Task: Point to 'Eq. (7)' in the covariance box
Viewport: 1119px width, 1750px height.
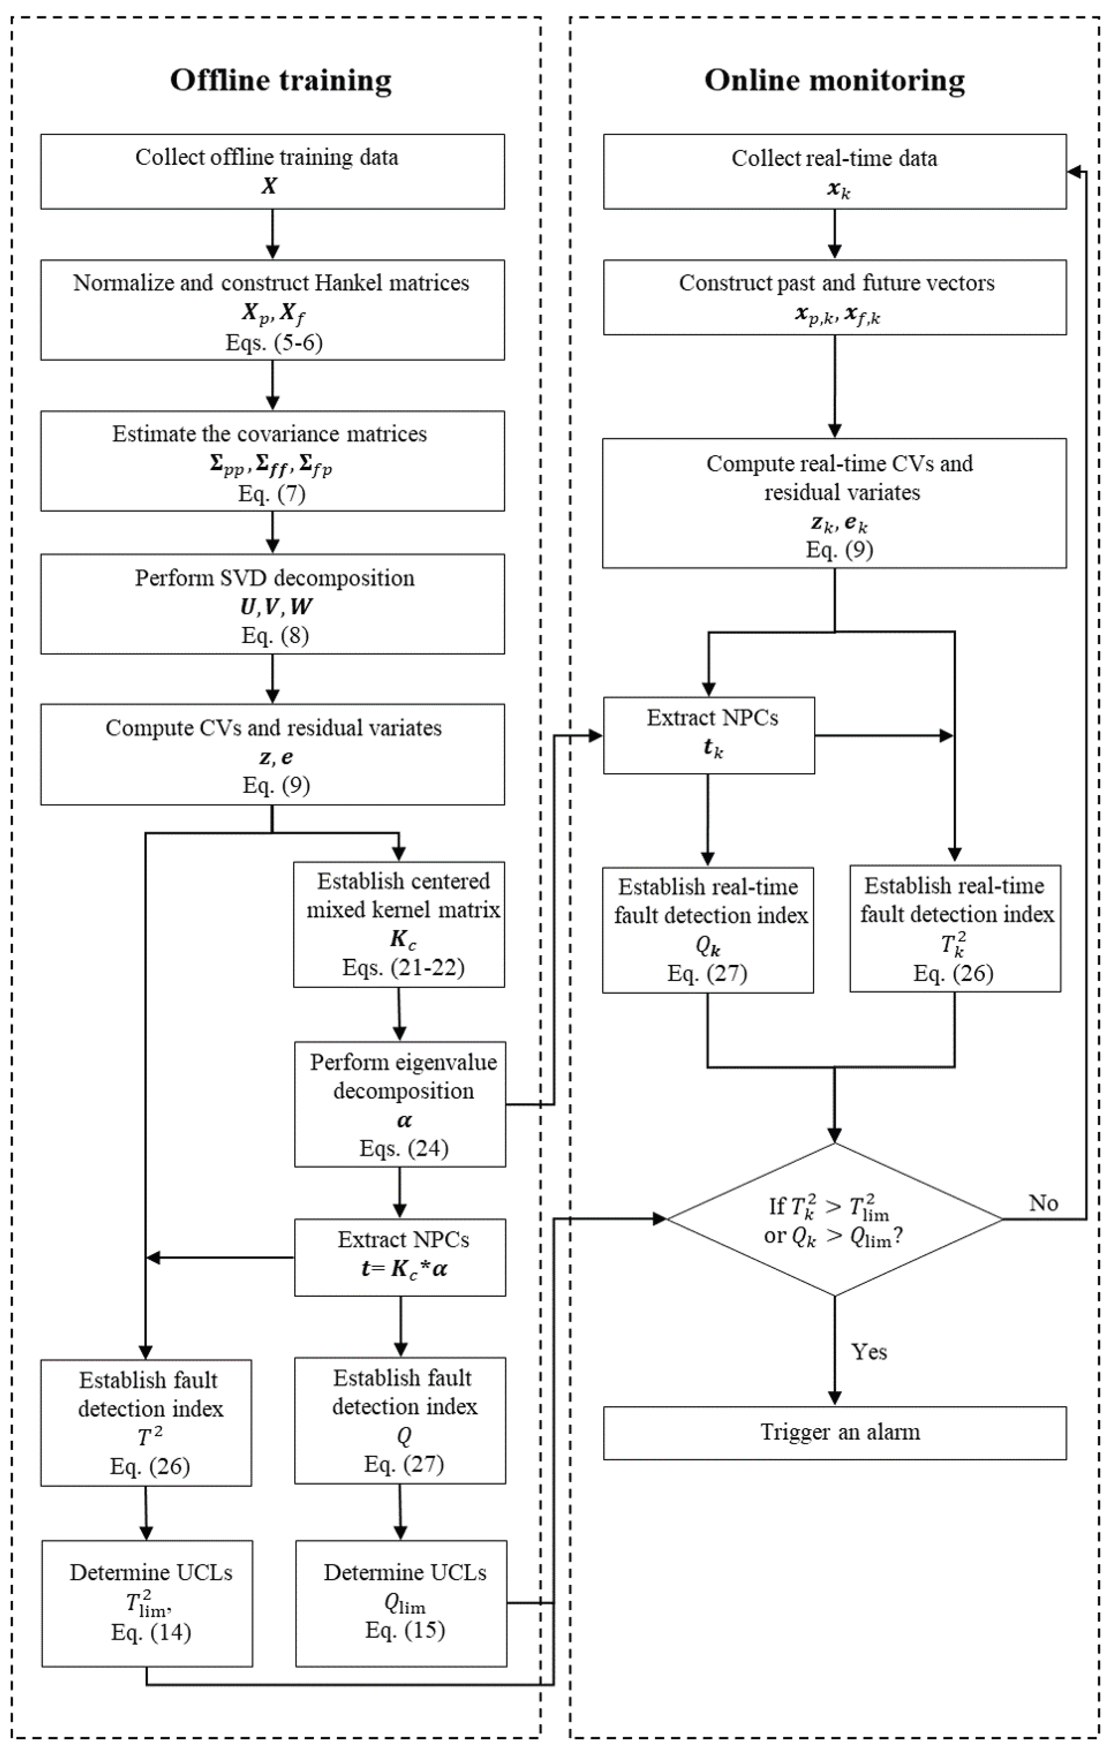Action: (x=272, y=494)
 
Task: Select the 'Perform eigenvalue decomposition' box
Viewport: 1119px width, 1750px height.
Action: (x=400, y=1104)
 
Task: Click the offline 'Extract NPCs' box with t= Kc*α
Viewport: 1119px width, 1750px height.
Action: (x=400, y=1257)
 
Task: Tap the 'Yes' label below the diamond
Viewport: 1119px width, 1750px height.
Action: (x=869, y=1352)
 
